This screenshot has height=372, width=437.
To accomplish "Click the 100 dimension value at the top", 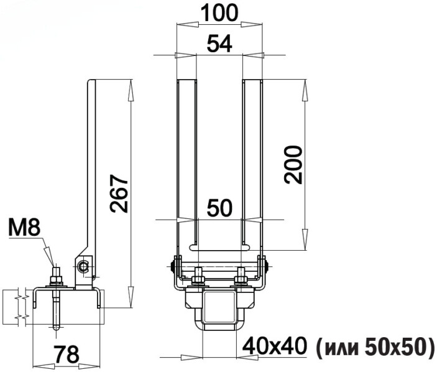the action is click(x=219, y=13).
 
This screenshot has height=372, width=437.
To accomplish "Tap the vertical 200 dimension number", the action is click(x=293, y=165).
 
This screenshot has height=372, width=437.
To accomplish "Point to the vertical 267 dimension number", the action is click(x=119, y=193).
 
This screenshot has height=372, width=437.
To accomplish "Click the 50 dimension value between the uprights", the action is click(x=219, y=208).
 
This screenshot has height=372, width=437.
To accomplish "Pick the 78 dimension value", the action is click(x=67, y=354).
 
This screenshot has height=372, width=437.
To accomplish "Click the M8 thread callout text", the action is click(x=24, y=227).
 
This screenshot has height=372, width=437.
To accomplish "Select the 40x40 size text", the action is click(x=275, y=346).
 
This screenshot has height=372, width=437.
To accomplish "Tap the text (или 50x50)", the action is click(x=375, y=346).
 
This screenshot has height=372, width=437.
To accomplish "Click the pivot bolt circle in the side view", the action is click(x=83, y=267).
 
